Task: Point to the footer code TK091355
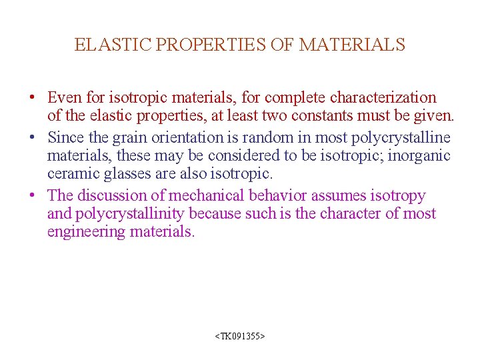pos(240,337)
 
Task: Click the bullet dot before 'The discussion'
pos(32,196)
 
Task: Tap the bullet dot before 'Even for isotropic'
pos(32,98)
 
